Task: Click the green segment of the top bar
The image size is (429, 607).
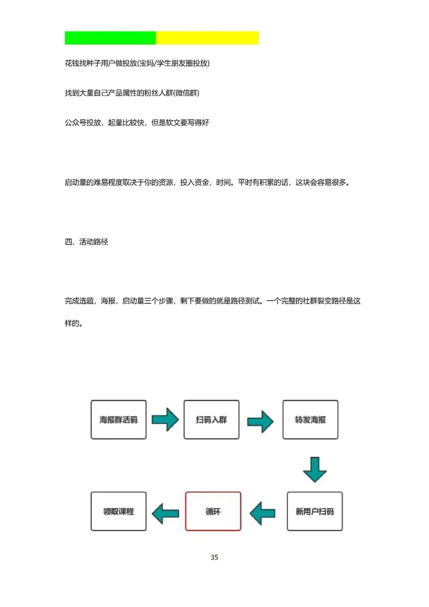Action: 110,38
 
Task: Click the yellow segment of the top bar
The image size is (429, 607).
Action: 207,38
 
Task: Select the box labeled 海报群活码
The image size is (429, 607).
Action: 118,419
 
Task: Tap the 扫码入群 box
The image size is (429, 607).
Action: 211,419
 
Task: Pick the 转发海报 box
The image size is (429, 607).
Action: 310,419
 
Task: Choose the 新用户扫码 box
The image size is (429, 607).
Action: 315,511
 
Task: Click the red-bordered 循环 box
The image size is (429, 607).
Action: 213,511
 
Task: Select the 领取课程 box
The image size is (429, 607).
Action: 118,511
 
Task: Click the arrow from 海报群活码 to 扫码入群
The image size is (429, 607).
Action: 165,419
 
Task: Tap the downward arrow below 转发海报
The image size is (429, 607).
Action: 315,470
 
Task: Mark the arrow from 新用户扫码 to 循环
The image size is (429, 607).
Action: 263,513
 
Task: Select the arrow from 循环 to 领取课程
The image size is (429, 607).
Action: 165,513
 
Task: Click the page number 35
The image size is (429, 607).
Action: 214,557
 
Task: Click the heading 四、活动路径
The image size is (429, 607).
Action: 86,242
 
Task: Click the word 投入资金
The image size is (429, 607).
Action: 194,182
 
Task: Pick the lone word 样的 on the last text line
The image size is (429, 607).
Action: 72,323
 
